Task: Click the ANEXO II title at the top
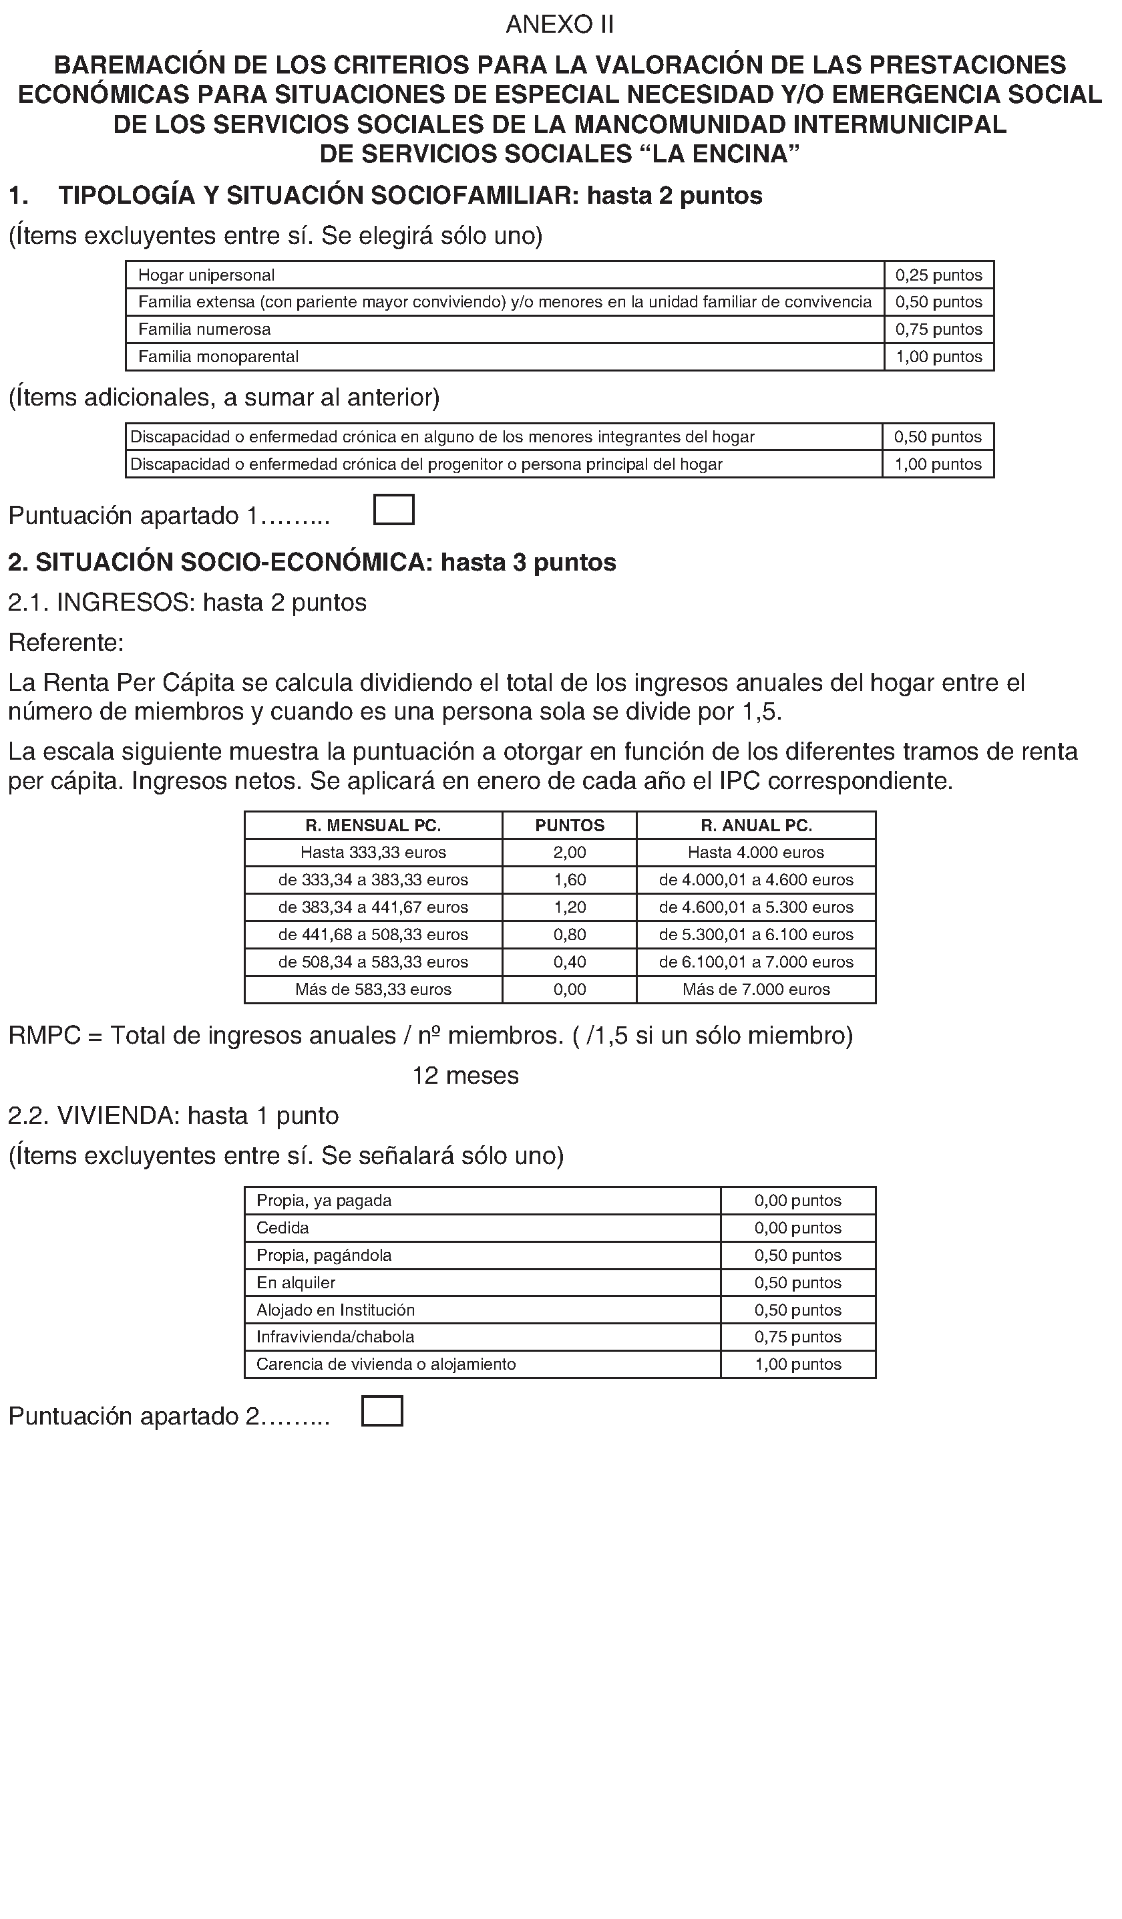pyautogui.click(x=560, y=25)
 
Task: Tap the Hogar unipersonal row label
pyautogui.click(x=206, y=275)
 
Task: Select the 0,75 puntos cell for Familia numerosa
pyautogui.click(x=938, y=329)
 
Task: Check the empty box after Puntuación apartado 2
pyautogui.click(x=382, y=1411)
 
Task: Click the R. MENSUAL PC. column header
pyautogui.click(x=373, y=825)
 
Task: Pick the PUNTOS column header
pyautogui.click(x=570, y=825)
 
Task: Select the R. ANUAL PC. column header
pyautogui.click(x=756, y=825)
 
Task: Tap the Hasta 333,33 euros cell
pyautogui.click(x=373, y=853)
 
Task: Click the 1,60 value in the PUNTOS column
pyautogui.click(x=570, y=880)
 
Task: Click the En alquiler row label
pyautogui.click(x=296, y=1283)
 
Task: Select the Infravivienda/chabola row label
pyautogui.click(x=336, y=1337)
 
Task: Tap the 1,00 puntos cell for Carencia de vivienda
pyautogui.click(x=797, y=1364)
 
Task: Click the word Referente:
pyautogui.click(x=66, y=643)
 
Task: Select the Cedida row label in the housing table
pyautogui.click(x=283, y=1228)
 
